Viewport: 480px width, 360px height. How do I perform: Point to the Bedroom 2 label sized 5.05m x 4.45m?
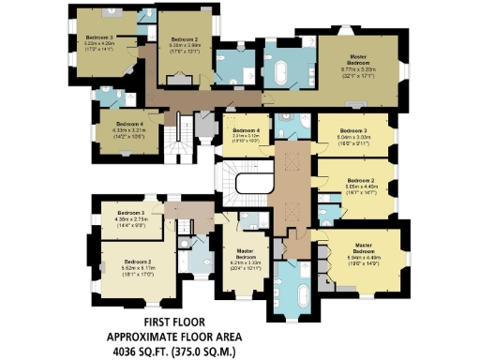(x=361, y=183)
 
